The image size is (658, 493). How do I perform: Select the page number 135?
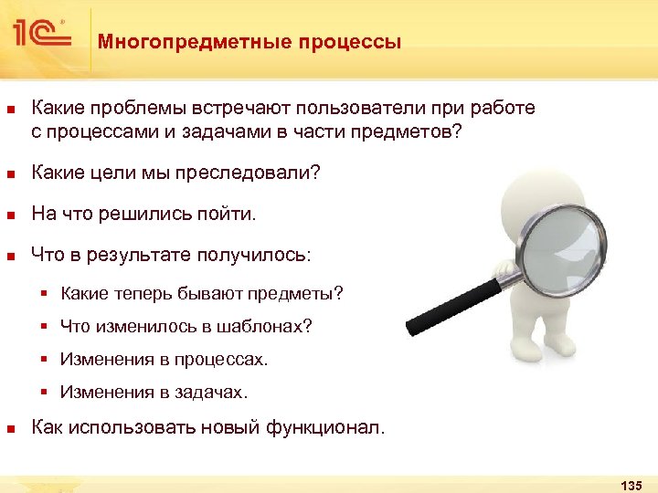[631, 484]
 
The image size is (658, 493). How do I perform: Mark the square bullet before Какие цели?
[10, 174]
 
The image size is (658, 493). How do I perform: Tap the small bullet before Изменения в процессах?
[43, 360]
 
